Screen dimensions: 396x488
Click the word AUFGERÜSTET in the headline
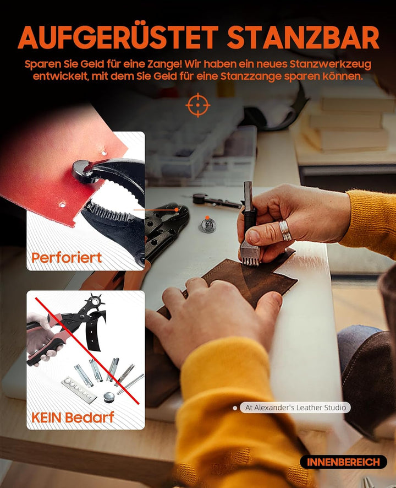coord(118,37)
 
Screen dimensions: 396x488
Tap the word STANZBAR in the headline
coord(303,37)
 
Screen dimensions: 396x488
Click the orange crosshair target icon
coord(197,105)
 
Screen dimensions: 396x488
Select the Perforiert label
coord(67,258)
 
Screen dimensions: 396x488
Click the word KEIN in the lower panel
coord(46,417)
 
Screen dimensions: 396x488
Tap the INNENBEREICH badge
coord(343,462)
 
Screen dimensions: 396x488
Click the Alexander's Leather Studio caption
coord(295,408)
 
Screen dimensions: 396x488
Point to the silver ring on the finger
coord(285,230)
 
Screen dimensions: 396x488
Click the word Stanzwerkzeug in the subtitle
coord(331,64)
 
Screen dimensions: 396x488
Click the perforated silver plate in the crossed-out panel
coord(79,389)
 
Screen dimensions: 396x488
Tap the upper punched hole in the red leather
coord(104,153)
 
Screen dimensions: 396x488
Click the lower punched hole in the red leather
coord(63,204)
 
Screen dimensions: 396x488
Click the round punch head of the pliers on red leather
coord(81,171)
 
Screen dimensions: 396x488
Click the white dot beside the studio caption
coord(235,408)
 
